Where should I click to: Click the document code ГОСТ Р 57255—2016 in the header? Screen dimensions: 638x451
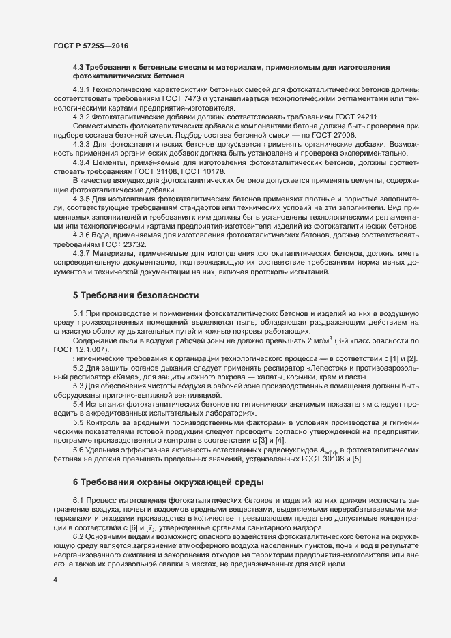click(91, 45)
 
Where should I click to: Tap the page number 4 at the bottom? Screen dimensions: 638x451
click(54, 581)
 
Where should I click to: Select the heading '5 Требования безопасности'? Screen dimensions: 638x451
click(136, 295)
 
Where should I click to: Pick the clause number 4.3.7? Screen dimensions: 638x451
click(83, 253)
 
